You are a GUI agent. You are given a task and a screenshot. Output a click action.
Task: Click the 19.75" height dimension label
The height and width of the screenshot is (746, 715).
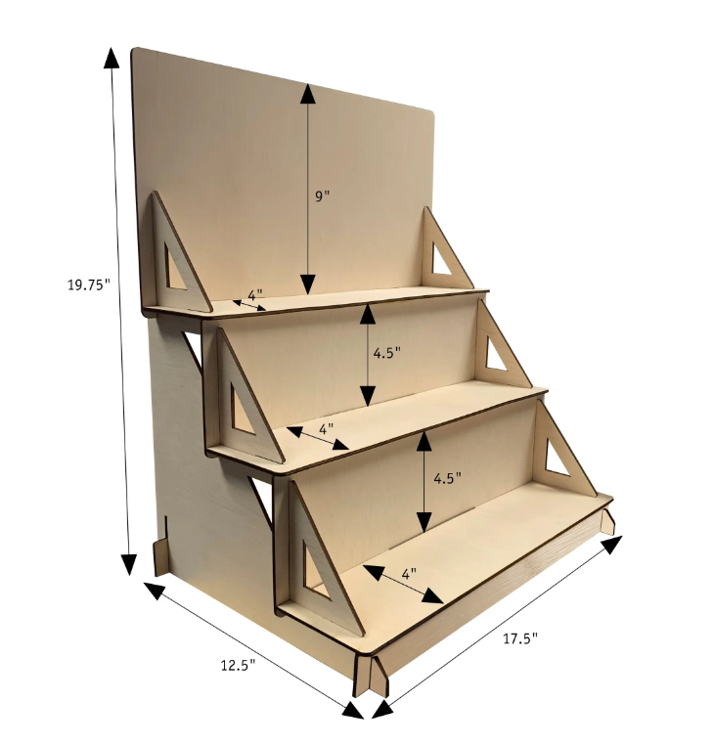(x=88, y=285)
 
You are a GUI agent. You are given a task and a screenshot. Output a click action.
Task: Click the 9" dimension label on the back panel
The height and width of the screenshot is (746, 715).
(x=323, y=196)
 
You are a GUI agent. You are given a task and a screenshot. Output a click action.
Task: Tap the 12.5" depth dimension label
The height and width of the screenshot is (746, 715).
(x=238, y=665)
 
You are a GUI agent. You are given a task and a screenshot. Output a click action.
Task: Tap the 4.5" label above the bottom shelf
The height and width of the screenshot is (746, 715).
(x=445, y=479)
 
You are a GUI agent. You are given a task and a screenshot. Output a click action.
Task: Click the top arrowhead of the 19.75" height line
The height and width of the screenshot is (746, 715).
(x=113, y=58)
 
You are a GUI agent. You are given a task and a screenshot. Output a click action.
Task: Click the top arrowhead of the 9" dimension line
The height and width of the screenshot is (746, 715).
(x=308, y=94)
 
